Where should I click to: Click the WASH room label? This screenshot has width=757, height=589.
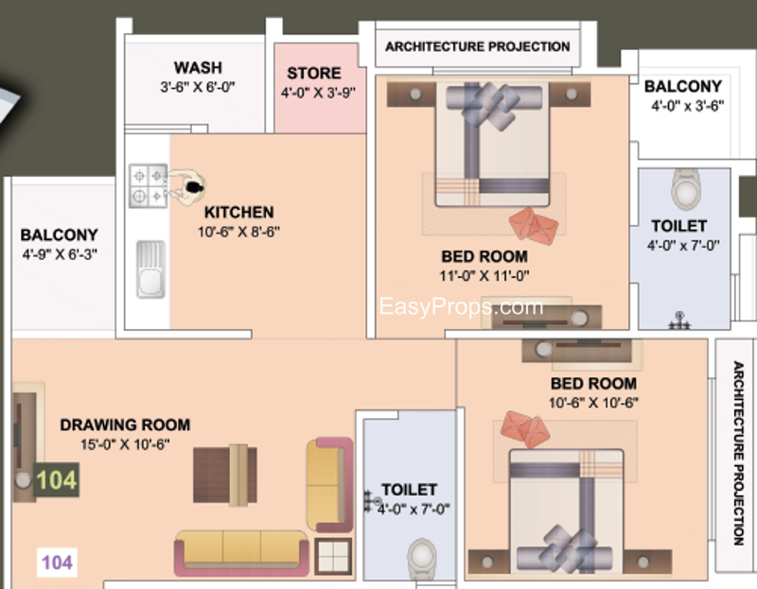click(x=198, y=67)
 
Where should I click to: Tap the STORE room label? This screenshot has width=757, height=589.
click(x=314, y=73)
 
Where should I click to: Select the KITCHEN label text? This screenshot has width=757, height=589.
click(x=239, y=213)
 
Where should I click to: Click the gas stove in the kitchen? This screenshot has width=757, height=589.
click(x=149, y=185)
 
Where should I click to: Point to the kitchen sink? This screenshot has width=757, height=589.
click(x=151, y=269)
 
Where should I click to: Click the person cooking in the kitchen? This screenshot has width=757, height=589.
click(x=188, y=187)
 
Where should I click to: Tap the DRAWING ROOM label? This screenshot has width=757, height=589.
click(x=125, y=424)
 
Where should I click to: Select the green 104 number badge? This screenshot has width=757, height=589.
click(x=57, y=480)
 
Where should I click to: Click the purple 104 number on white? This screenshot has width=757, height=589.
click(x=57, y=563)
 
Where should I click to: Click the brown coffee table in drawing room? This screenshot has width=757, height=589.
click(x=225, y=476)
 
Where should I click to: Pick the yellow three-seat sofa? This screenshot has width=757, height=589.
click(x=241, y=553)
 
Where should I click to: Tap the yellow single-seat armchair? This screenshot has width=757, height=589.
click(x=329, y=485)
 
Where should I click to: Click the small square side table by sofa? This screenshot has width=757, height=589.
click(x=333, y=556)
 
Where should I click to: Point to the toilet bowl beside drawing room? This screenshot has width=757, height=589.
click(x=422, y=559)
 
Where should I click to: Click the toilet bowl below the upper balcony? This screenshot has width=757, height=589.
click(x=686, y=190)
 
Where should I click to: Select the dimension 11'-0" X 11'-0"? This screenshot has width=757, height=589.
click(x=484, y=276)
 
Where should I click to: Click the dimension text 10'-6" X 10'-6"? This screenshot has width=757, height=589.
click(x=594, y=403)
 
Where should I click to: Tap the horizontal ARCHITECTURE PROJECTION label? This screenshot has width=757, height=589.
click(x=478, y=46)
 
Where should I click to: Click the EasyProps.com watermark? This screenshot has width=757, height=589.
click(x=461, y=307)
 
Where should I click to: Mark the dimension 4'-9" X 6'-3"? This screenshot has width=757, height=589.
click(x=60, y=253)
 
